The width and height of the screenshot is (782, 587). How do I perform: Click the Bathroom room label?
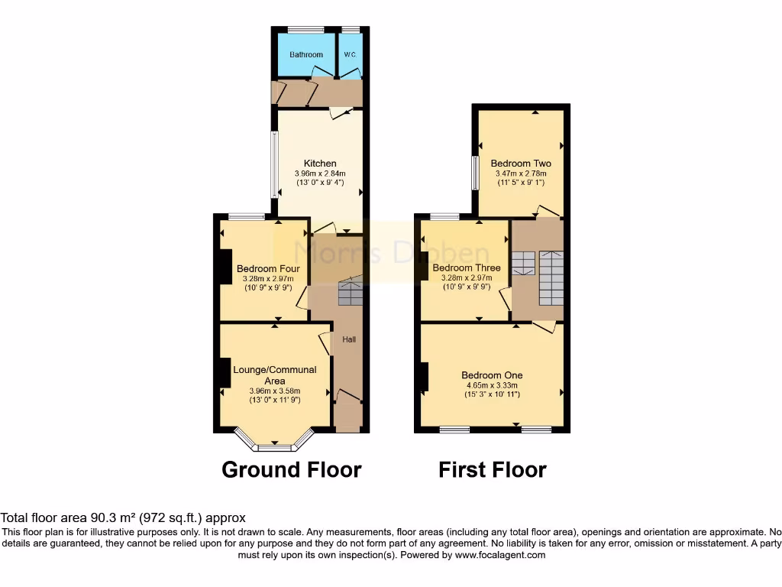305,55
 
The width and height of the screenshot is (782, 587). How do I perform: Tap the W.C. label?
350,55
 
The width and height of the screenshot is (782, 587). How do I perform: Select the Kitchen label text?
320,164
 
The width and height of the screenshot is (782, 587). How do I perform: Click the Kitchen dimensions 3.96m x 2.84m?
320,174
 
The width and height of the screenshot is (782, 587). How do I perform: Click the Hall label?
349,339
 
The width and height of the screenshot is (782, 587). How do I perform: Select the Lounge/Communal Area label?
275,375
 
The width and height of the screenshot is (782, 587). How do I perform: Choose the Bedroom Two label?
521,164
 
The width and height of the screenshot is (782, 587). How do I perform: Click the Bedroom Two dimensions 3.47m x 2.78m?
521,174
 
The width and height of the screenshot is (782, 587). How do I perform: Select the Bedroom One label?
492,375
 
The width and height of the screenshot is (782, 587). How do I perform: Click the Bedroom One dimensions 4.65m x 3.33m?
492,385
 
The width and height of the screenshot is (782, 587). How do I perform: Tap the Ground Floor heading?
291,469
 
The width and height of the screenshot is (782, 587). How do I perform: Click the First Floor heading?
493,469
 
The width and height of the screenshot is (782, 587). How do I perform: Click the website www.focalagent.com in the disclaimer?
499,555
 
